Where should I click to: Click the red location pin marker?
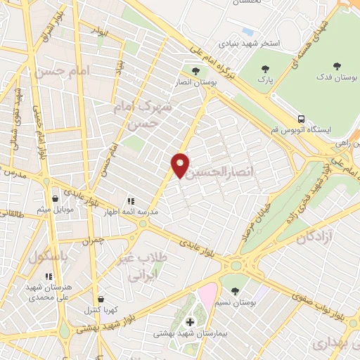coord(181,165)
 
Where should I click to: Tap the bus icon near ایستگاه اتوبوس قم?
coord(301,118)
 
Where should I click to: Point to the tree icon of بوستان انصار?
coord(195,70)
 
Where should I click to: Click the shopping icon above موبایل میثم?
coord(55,200)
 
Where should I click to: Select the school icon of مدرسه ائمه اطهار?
coord(131,200)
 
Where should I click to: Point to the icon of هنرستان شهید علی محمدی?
coord(49,276)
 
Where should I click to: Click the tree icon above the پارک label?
coord(264,69)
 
